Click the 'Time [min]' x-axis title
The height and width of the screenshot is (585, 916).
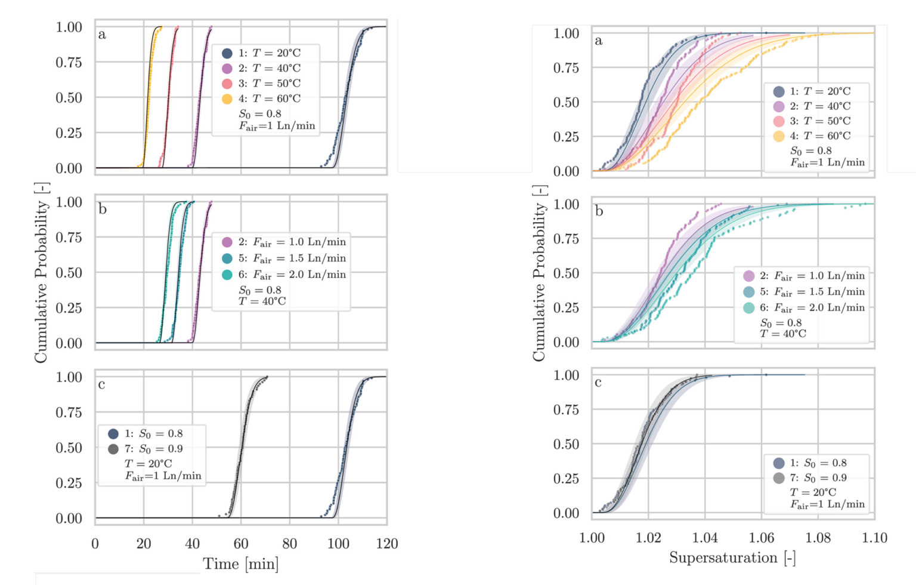[240, 564]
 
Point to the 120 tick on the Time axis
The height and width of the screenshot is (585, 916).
[387, 544]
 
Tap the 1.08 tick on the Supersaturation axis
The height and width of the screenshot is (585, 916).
[818, 538]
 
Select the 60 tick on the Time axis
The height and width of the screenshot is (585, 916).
[241, 544]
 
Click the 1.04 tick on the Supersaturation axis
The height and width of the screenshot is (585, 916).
[705, 538]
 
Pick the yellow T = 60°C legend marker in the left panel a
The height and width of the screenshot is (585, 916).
[227, 98]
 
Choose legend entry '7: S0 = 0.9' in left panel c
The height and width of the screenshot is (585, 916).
[153, 449]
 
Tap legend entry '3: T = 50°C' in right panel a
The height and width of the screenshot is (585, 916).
[820, 121]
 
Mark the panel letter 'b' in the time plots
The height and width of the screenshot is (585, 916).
[103, 210]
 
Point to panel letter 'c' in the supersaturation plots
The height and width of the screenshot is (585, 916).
[598, 383]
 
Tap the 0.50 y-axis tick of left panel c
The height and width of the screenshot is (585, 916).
[69, 448]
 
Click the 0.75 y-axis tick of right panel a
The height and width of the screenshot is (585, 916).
[566, 68]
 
